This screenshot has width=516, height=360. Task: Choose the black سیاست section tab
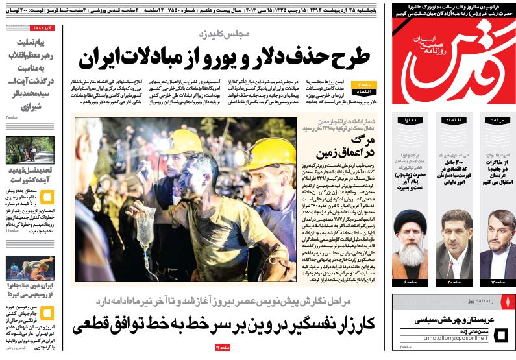tap(497, 120)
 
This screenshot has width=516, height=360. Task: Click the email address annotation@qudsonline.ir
tap(448, 338)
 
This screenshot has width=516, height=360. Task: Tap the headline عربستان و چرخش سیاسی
tap(454, 320)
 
